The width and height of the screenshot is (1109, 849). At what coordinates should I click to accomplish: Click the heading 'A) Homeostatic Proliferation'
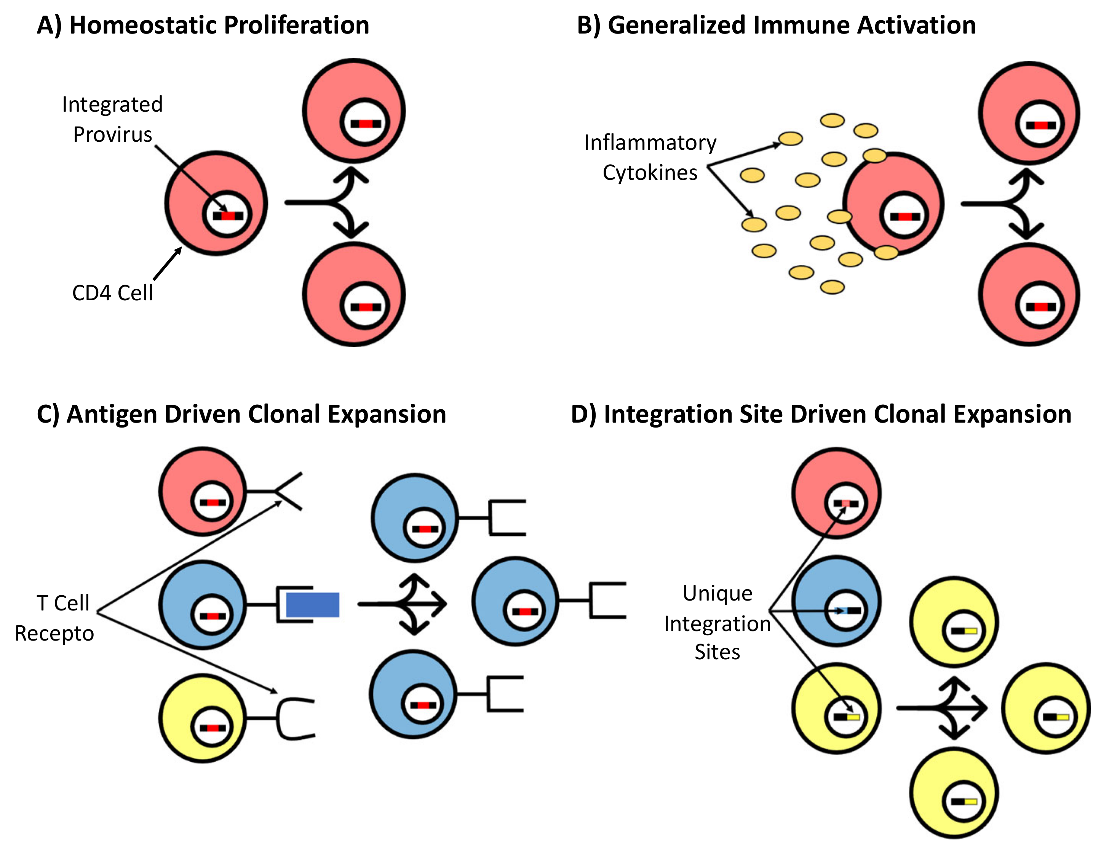[203, 25]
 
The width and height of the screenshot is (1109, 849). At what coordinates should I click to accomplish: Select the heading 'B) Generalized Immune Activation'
[776, 25]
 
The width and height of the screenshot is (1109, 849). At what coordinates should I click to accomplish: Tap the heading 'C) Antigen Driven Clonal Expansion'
[241, 414]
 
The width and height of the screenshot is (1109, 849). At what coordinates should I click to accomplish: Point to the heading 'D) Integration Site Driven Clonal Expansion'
[821, 414]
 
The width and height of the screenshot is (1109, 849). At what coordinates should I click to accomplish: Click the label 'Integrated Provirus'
[112, 119]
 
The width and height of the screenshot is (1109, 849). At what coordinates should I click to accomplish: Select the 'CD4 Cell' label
[112, 293]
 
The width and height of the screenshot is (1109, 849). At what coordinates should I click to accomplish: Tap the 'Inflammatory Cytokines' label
[650, 157]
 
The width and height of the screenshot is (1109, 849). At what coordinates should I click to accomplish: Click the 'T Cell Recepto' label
[54, 618]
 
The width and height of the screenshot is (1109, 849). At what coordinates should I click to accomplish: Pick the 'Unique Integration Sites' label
[717, 623]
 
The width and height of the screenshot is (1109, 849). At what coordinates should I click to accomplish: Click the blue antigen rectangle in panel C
[313, 605]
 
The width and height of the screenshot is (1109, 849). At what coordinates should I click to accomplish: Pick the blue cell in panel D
[836, 601]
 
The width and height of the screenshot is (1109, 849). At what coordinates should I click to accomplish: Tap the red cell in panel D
[836, 493]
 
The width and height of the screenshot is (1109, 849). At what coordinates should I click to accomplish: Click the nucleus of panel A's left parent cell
[228, 215]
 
